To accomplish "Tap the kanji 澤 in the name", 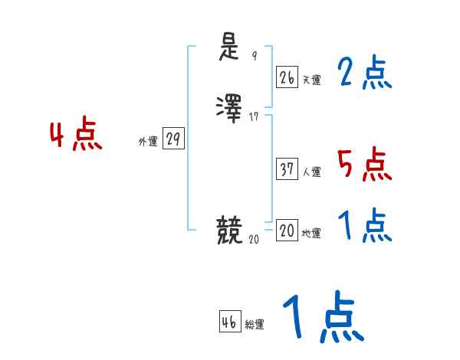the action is pyautogui.click(x=229, y=108).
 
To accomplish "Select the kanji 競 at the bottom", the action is pyautogui.click(x=229, y=230).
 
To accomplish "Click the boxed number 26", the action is pyautogui.click(x=287, y=77).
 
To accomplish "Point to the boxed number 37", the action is pyautogui.click(x=287, y=169).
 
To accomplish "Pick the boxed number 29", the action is pyautogui.click(x=173, y=139).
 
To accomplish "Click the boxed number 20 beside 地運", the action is pyautogui.click(x=287, y=231).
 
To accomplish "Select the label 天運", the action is pyautogui.click(x=311, y=80).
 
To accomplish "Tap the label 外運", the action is pyautogui.click(x=148, y=142).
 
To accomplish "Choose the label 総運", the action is pyautogui.click(x=255, y=325).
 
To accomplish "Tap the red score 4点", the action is pyautogui.click(x=76, y=136).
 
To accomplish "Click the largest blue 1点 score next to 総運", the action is pyautogui.click(x=322, y=316).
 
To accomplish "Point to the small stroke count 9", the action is pyautogui.click(x=255, y=55).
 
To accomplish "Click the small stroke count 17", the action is pyautogui.click(x=255, y=116).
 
